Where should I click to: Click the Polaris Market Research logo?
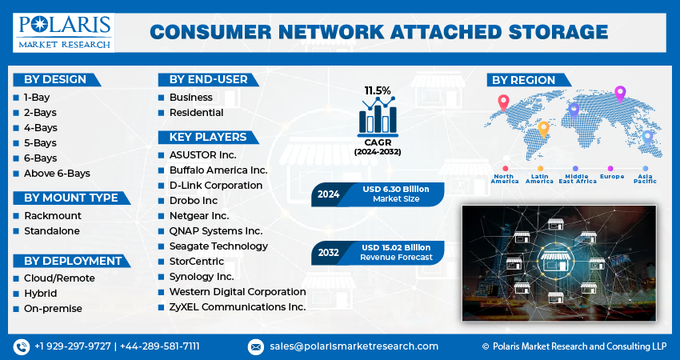pyautogui.click(x=64, y=33)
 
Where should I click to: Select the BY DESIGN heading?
pyautogui.click(x=55, y=80)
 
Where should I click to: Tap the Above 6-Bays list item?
pyautogui.click(x=57, y=174)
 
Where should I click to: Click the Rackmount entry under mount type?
pyautogui.click(x=53, y=215)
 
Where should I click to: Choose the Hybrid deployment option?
pyautogui.click(x=40, y=294)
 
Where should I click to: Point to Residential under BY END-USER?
pyautogui.click(x=197, y=113)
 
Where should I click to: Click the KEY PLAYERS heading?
pyautogui.click(x=208, y=137)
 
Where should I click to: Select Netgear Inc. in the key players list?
pyautogui.click(x=199, y=215)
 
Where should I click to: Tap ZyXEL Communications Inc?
pyautogui.click(x=238, y=307)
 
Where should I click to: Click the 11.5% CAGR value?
pyautogui.click(x=378, y=90)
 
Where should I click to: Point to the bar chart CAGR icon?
pyautogui.click(x=378, y=116)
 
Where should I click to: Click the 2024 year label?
pyautogui.click(x=328, y=194)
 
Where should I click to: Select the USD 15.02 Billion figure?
pyautogui.click(x=396, y=248)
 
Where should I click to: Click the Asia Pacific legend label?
pyautogui.click(x=646, y=178)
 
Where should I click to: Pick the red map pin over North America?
pyautogui.click(x=503, y=103)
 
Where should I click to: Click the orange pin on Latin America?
pyautogui.click(x=543, y=130)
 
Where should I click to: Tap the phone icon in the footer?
pyautogui.click(x=22, y=346)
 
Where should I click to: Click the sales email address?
pyautogui.click(x=354, y=346)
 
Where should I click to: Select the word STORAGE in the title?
pyautogui.click(x=558, y=33)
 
